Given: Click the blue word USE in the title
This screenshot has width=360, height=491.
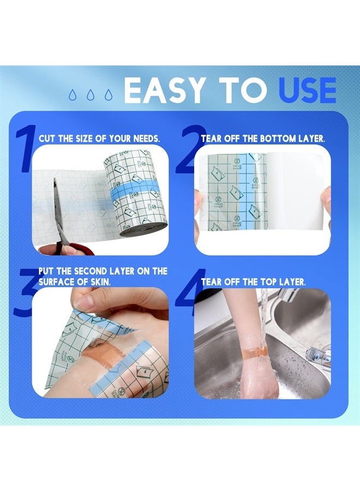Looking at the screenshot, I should pos(307,90).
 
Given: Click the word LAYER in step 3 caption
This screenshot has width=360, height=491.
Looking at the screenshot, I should pos(109,271).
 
